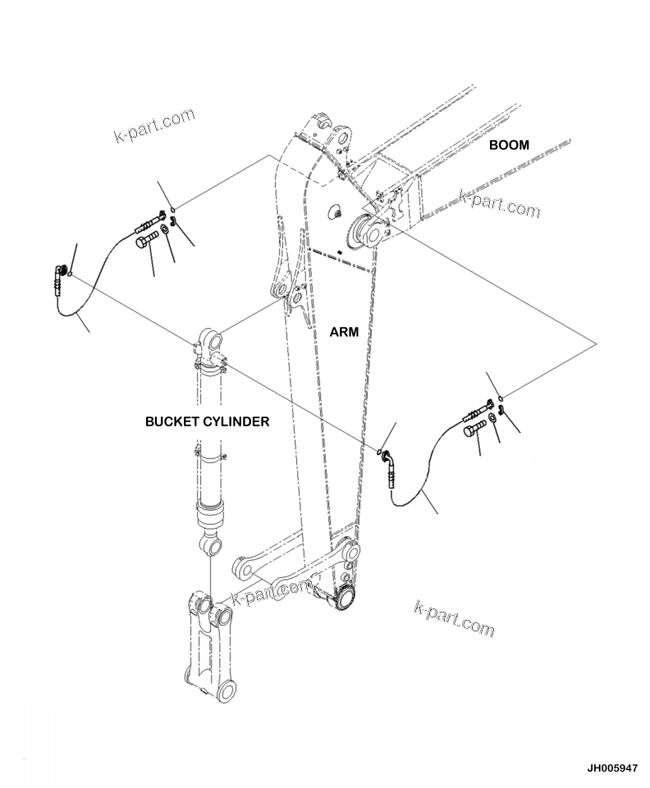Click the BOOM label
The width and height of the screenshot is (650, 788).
pos(509,145)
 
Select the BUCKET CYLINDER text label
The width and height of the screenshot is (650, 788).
pos(207,421)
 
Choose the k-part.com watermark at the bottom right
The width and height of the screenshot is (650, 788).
pos(454,618)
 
